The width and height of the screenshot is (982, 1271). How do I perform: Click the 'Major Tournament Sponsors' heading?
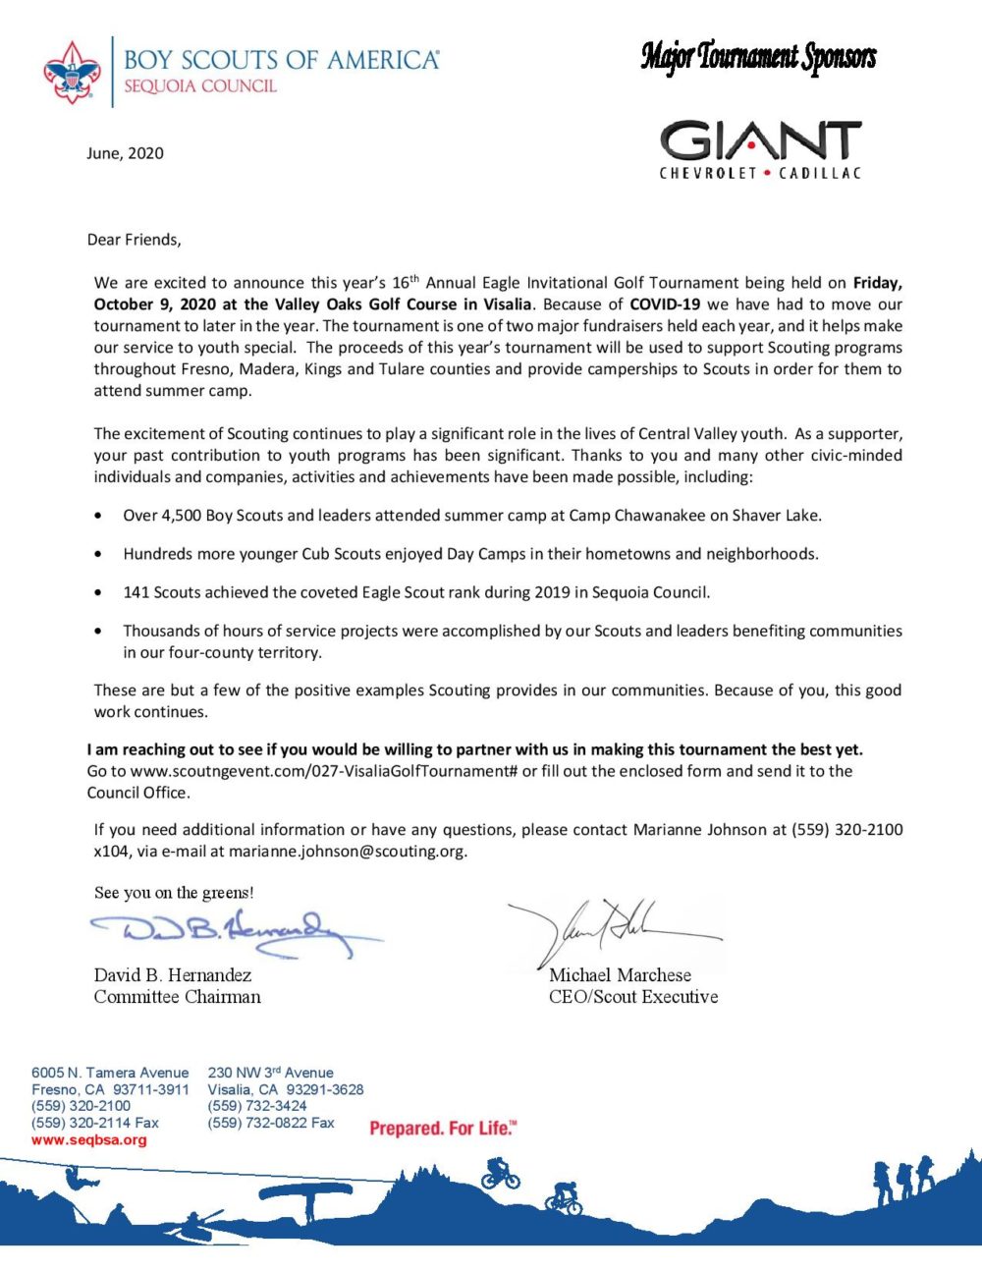(x=758, y=57)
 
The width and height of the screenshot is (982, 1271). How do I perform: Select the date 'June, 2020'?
(x=125, y=153)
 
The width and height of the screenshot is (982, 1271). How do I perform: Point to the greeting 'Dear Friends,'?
(x=134, y=240)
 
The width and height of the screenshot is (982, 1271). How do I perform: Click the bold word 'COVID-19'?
(x=665, y=304)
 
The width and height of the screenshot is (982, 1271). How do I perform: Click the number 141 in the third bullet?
(x=136, y=592)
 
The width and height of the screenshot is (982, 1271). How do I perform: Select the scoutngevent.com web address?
(x=323, y=771)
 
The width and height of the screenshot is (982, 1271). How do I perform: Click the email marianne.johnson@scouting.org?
(x=347, y=852)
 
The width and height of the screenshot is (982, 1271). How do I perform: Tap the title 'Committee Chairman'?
(x=177, y=997)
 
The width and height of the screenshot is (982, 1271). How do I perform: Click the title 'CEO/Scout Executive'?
(x=632, y=997)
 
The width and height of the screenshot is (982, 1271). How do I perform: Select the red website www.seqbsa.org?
(x=88, y=1140)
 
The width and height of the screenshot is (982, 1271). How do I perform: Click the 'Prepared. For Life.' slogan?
(x=442, y=1129)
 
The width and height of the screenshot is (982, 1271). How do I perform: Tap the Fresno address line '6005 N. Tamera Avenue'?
(x=110, y=1073)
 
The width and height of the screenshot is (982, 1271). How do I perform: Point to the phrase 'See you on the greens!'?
(x=174, y=893)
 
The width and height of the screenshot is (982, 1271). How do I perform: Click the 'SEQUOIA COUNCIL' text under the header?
(x=200, y=86)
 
